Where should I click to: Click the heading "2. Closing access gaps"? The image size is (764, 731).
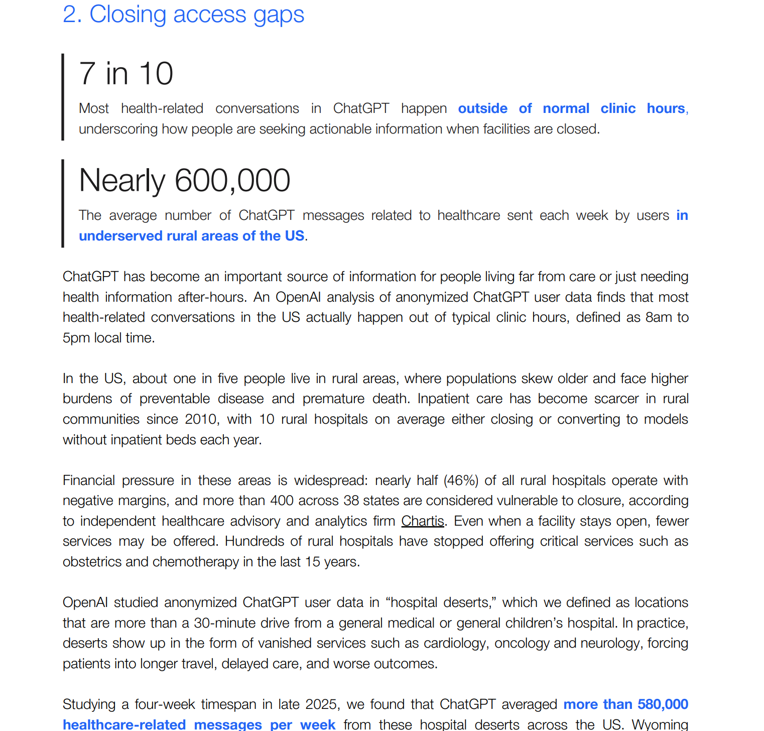183,14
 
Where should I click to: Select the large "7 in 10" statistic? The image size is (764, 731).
126,73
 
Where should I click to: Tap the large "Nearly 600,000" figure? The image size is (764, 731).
184,180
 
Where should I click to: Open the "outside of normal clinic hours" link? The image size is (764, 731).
572,108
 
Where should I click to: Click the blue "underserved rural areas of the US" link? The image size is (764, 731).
191,236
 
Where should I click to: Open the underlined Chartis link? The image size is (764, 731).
422,521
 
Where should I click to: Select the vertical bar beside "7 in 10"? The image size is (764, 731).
63,97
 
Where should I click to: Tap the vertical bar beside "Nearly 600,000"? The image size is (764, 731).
63,203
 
